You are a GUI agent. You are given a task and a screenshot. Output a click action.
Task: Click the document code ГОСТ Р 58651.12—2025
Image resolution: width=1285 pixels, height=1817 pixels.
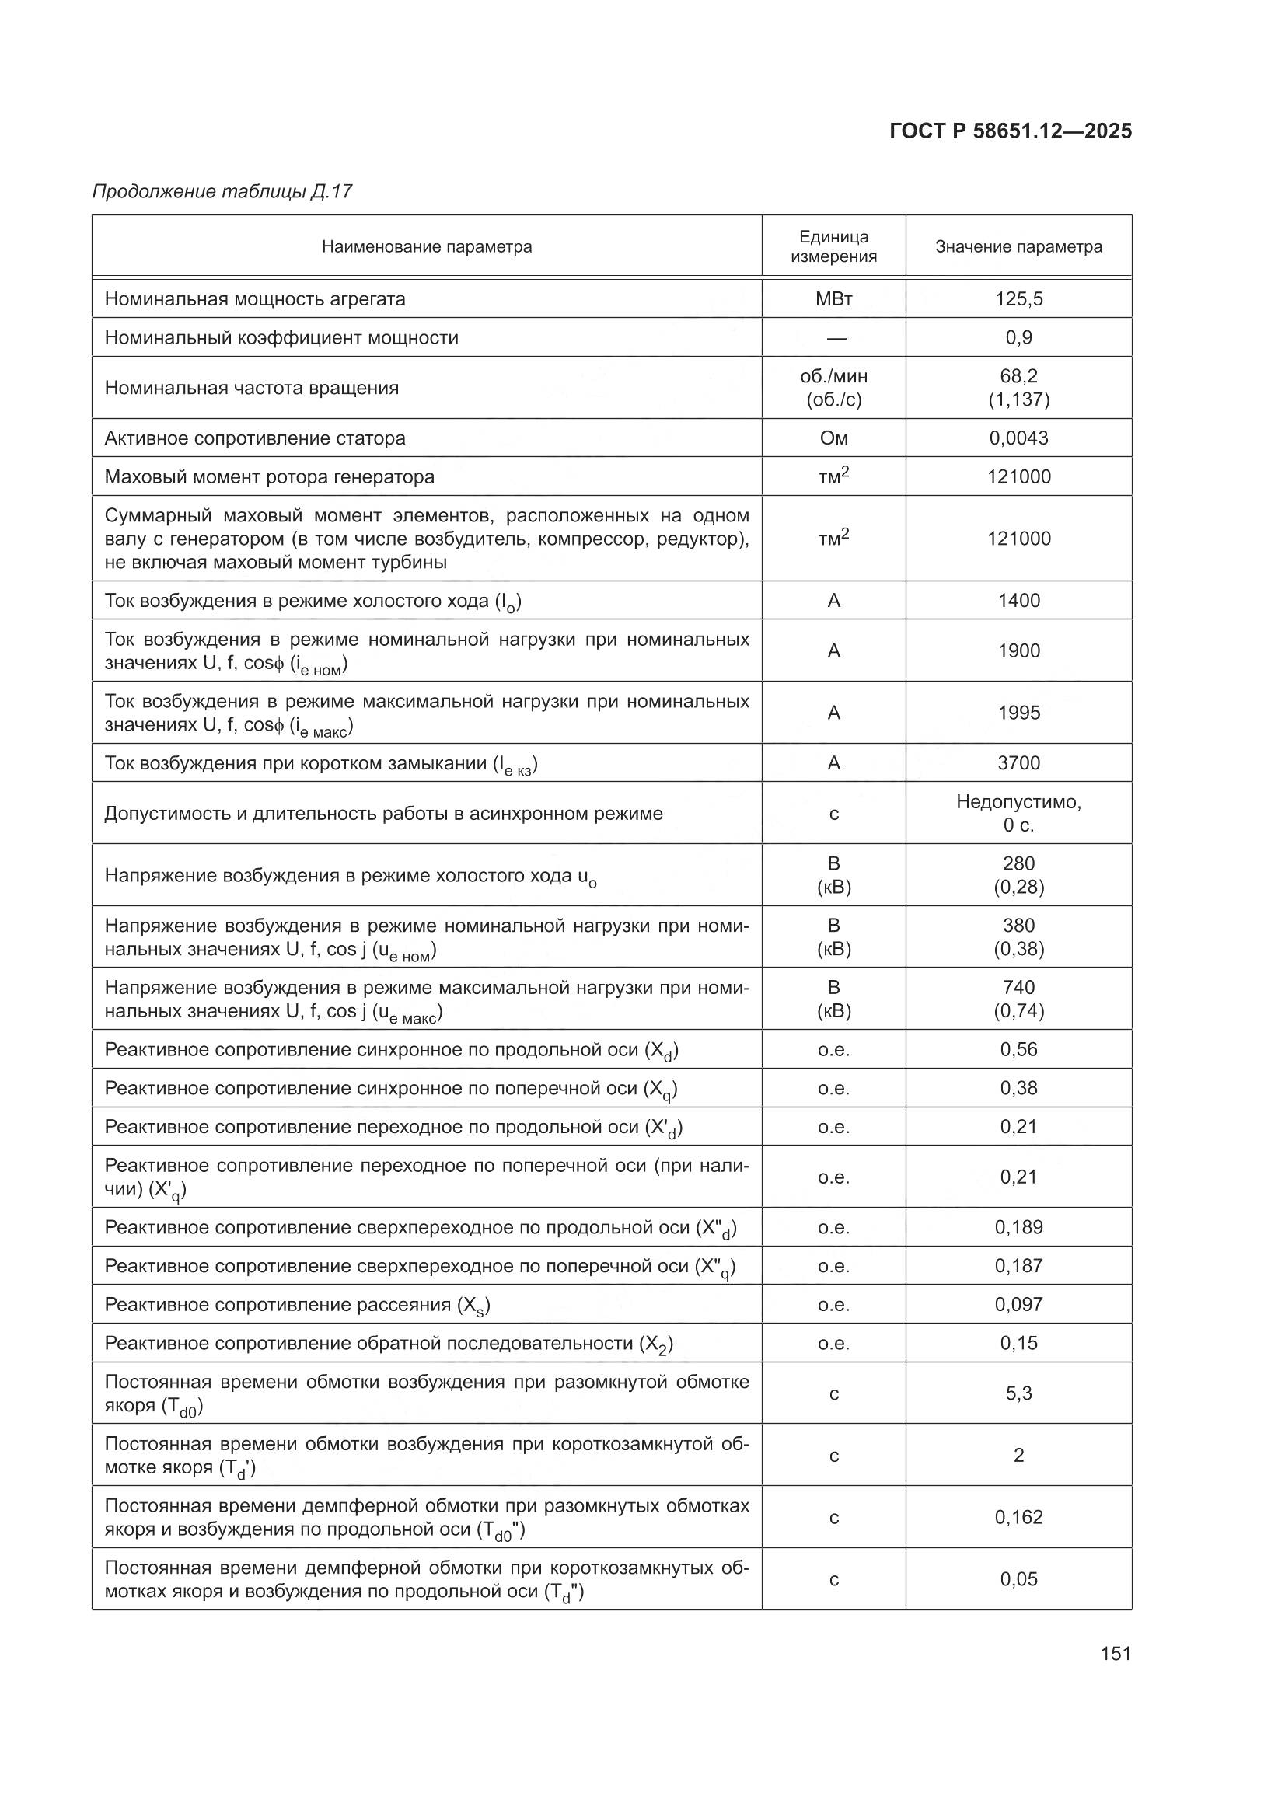point(1011,131)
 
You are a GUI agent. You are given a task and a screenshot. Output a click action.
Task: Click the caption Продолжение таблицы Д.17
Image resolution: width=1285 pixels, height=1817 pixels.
point(222,191)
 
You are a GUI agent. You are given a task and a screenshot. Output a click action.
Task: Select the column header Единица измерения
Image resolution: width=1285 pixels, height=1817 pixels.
point(833,246)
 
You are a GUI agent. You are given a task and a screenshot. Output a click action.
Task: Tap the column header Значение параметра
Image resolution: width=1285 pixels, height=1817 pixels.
point(1018,246)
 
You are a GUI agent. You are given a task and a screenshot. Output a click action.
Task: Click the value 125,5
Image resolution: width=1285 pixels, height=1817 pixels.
point(1018,299)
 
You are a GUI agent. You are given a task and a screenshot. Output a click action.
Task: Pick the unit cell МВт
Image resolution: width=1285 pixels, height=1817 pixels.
point(833,299)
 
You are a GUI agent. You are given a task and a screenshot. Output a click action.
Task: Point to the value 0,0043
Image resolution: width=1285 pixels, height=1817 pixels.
point(1018,438)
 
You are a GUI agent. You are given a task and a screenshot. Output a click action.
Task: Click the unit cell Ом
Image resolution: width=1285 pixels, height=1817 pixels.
point(833,438)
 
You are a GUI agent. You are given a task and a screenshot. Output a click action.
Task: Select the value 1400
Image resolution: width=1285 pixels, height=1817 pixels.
point(1018,601)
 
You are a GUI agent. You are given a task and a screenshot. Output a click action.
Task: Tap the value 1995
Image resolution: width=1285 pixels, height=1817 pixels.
point(1018,712)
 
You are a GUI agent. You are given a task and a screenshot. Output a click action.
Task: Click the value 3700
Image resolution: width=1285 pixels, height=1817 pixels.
point(1018,763)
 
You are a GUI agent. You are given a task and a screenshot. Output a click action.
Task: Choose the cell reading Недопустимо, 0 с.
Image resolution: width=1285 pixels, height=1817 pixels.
point(1018,813)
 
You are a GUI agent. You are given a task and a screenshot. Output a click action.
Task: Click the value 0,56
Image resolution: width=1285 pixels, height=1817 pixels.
point(1018,1049)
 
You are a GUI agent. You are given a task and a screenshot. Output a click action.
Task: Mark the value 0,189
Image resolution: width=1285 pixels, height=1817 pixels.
point(1018,1227)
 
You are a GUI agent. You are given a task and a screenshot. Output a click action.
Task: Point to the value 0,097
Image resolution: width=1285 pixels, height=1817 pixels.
point(1018,1304)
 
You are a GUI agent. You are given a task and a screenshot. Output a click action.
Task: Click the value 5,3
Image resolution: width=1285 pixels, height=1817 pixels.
point(1018,1393)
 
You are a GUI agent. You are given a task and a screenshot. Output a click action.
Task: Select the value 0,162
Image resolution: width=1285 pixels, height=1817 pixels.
point(1018,1517)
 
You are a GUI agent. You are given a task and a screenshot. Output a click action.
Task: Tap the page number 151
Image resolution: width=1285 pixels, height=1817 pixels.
point(1115,1653)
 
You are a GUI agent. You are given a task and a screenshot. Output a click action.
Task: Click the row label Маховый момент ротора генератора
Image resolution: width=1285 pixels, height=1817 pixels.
point(269,477)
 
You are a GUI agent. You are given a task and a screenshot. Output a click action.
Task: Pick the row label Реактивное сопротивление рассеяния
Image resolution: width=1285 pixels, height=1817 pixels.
point(297,1305)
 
